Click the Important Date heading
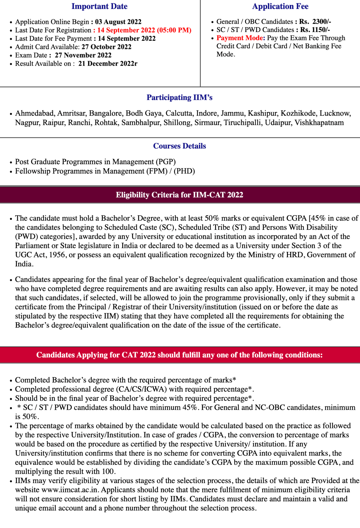click(x=99, y=6)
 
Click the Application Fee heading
click(x=280, y=6)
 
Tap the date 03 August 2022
click(x=118, y=22)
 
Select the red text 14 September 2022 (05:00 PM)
click(x=144, y=30)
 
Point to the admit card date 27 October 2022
click(x=106, y=47)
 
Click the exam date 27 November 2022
click(x=83, y=55)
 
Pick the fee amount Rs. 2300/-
click(x=315, y=22)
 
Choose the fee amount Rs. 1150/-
click(x=315, y=30)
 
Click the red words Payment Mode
click(x=240, y=38)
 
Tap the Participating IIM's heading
click(x=179, y=98)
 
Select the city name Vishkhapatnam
click(x=319, y=123)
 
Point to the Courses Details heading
click(x=179, y=146)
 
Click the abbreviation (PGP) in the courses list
click(x=166, y=162)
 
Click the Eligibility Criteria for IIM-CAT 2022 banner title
click(x=179, y=195)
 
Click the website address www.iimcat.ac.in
click(x=70, y=490)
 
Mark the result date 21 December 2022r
click(x=108, y=64)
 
